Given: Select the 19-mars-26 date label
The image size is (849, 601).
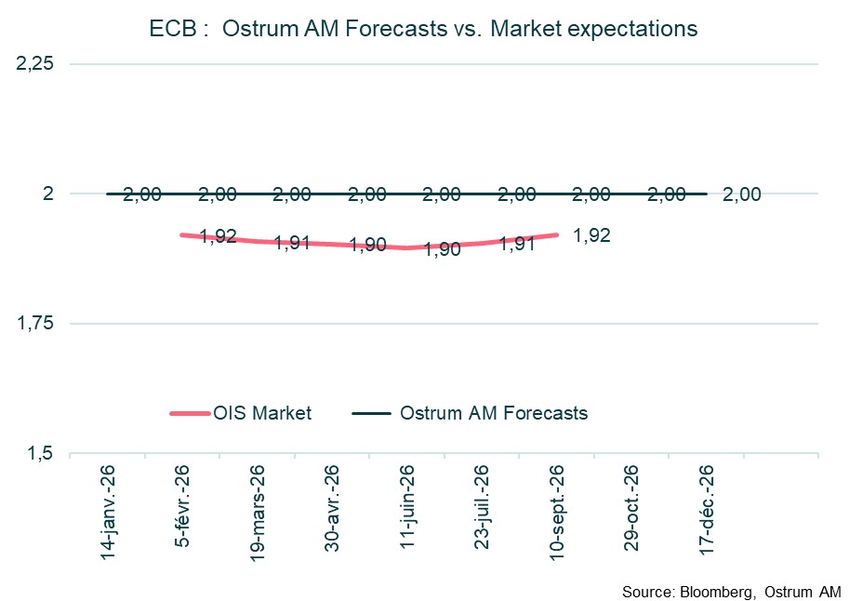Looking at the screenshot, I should (x=257, y=509).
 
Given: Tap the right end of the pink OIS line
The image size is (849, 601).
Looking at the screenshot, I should (x=556, y=234).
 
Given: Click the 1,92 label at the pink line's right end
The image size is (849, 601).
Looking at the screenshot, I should (x=591, y=235).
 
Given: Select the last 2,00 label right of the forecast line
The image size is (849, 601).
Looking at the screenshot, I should (x=741, y=194).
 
